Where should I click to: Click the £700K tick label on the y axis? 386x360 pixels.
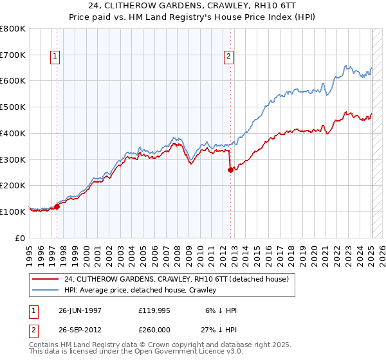tap(13, 55)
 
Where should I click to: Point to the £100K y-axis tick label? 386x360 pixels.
tap(13, 212)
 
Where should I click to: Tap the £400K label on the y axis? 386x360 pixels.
tap(13, 133)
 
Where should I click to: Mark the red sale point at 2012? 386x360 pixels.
tap(230, 170)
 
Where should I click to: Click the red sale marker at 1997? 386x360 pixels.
tap(57, 206)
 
